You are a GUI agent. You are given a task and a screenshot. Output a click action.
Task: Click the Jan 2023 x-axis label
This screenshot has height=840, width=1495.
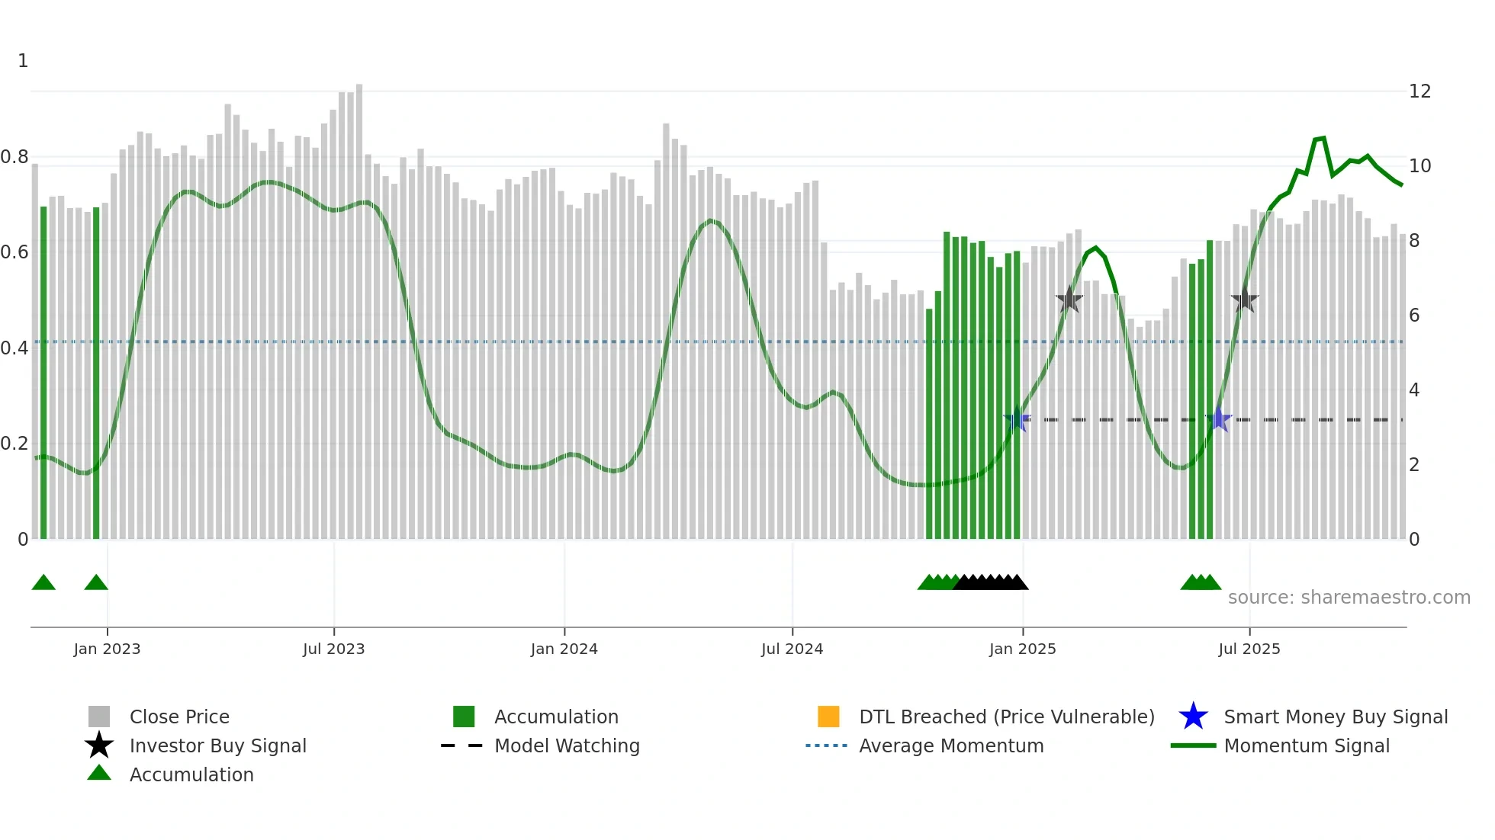[107, 649]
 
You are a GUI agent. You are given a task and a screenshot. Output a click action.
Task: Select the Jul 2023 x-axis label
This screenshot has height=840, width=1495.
[333, 649]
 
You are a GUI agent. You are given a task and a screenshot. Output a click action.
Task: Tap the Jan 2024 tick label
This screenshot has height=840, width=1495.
[564, 649]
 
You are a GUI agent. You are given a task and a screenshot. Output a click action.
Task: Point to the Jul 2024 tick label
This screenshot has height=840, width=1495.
[792, 649]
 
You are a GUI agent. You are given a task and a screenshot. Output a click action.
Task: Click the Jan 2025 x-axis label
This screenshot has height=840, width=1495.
[1022, 649]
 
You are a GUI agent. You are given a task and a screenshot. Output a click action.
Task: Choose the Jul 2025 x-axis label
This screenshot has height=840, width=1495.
[1249, 649]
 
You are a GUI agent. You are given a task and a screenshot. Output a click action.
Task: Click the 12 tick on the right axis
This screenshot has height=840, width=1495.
[1419, 91]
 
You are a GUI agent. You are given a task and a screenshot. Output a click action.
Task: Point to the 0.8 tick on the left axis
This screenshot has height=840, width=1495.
[14, 157]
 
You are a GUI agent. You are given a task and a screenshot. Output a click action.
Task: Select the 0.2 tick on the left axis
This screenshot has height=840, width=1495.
[14, 444]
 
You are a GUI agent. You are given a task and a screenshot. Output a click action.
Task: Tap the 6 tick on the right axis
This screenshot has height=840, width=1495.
[1414, 316]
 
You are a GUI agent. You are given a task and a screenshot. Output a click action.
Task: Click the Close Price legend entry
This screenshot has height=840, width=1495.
[179, 717]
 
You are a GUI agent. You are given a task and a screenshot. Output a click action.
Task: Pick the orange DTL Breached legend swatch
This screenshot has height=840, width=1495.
[828, 717]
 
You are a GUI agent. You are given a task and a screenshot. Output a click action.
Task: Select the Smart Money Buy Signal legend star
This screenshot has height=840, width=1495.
[1193, 717]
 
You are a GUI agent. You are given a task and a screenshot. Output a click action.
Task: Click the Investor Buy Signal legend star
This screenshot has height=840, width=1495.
[99, 745]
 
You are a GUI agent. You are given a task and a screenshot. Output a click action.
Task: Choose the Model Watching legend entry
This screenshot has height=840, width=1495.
[567, 745]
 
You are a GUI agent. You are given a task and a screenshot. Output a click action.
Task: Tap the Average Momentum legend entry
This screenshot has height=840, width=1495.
[951, 745]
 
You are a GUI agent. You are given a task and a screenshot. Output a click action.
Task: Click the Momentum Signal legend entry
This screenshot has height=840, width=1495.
[1307, 745]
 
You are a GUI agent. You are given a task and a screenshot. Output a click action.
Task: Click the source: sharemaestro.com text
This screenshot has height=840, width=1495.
[1349, 598]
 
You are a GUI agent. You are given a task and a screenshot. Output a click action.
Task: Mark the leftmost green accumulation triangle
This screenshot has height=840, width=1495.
[43, 583]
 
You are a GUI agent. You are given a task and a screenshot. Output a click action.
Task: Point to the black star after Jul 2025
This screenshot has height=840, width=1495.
[1244, 300]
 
